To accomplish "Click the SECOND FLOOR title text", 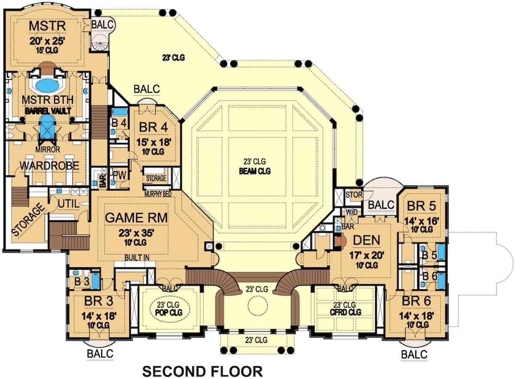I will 202,371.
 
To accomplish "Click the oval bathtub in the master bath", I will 47,86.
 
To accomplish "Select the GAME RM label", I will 136,218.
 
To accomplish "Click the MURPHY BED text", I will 158,194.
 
